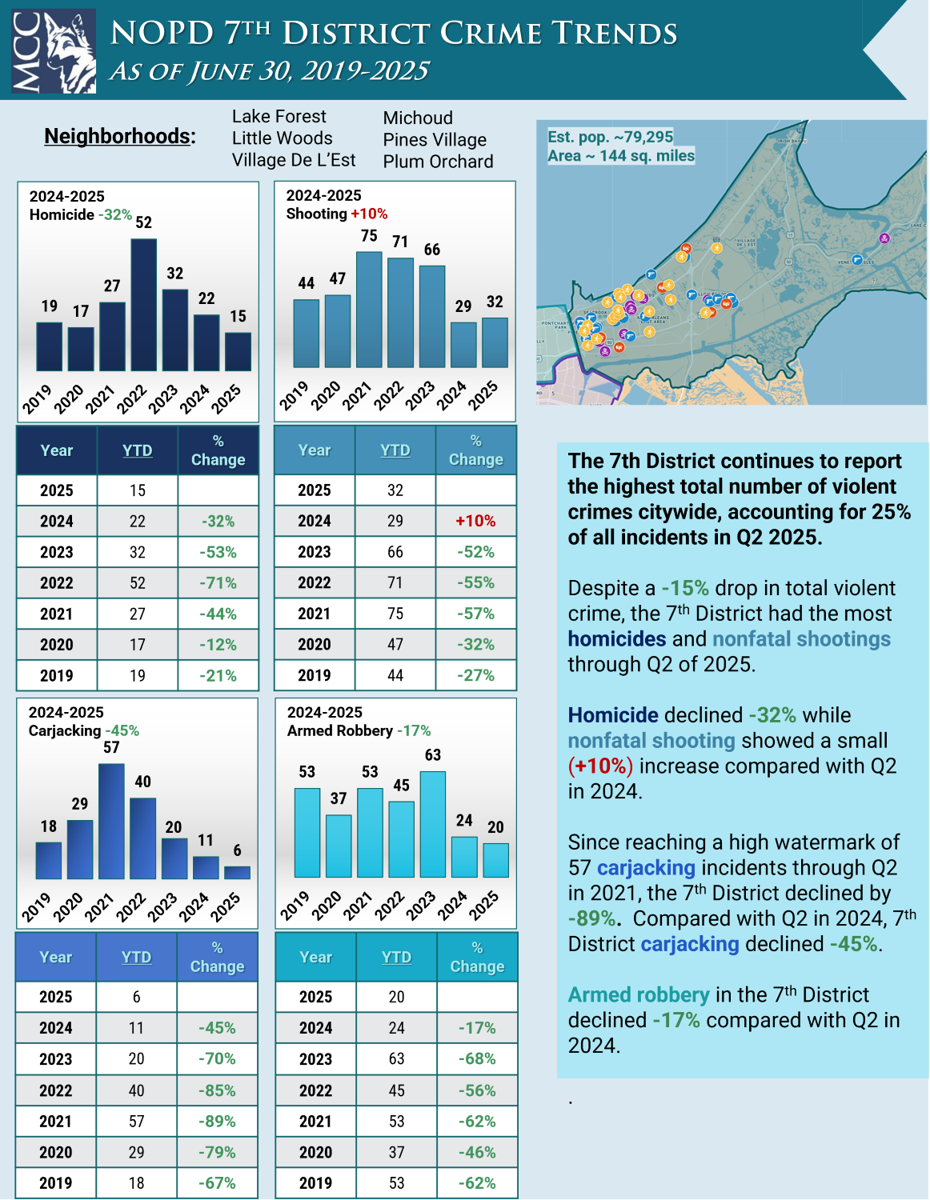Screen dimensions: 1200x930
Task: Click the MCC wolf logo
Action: tap(54, 51)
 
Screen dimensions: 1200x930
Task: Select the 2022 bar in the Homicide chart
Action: tap(144, 304)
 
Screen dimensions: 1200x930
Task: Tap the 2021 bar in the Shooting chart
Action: tap(369, 310)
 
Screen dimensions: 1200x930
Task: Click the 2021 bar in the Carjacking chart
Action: tap(111, 821)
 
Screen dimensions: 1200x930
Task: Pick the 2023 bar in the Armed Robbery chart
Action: tap(432, 824)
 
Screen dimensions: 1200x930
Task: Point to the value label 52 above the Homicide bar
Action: tap(144, 222)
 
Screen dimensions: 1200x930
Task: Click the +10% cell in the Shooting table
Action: tap(475, 521)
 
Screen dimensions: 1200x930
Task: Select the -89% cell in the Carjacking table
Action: tap(217, 1122)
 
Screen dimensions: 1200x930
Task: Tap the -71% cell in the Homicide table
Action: tap(218, 583)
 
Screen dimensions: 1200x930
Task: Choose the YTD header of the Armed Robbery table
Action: tap(396, 957)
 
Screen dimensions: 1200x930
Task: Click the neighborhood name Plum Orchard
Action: tap(438, 162)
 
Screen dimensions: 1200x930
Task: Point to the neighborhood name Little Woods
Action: tap(282, 138)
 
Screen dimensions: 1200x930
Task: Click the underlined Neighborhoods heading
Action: tap(119, 136)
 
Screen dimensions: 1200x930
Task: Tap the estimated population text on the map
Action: tap(610, 137)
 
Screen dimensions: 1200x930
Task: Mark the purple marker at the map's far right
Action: tap(884, 238)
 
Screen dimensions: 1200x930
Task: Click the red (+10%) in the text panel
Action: tap(600, 766)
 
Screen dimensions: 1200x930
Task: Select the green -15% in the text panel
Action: tap(685, 589)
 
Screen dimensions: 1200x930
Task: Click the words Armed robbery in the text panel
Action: tap(638, 995)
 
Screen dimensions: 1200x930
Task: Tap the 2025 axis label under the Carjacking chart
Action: tap(226, 907)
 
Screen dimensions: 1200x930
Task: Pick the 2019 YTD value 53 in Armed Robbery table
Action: tap(396, 1183)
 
